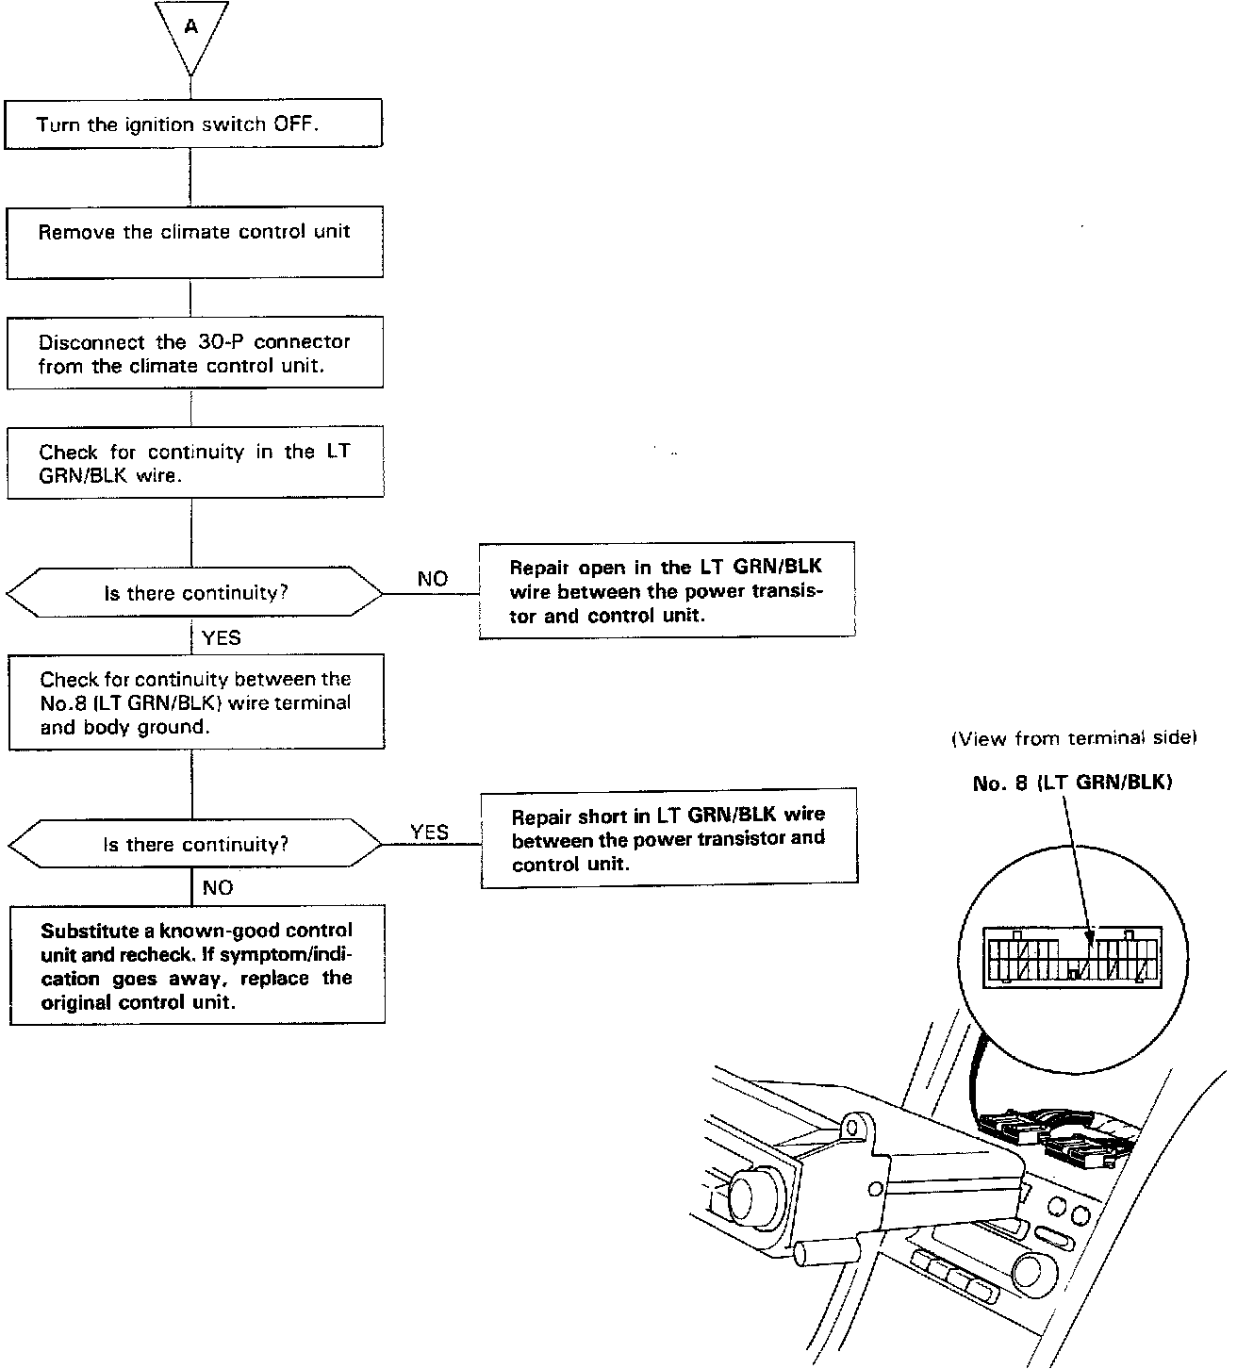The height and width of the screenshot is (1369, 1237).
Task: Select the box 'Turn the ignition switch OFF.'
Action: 193,124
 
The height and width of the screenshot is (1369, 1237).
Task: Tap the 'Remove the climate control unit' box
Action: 194,242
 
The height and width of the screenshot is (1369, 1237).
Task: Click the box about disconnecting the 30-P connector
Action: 194,355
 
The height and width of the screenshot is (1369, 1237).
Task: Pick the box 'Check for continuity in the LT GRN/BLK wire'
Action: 195,463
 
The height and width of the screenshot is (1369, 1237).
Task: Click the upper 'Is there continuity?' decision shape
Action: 195,593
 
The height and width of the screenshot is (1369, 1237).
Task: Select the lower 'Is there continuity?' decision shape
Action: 195,844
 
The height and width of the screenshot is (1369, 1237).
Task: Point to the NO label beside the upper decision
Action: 432,579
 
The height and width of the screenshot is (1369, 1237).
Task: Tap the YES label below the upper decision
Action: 222,638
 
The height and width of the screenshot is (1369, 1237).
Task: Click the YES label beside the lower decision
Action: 429,832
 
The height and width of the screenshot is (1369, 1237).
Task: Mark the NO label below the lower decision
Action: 218,888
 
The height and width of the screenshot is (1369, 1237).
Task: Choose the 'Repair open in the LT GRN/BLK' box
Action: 667,591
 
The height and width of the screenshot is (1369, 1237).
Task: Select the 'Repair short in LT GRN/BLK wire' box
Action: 669,838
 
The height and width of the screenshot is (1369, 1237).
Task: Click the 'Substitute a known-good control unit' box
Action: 197,965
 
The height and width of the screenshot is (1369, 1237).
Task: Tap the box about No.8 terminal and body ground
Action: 196,702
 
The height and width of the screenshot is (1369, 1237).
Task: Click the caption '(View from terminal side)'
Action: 1073,738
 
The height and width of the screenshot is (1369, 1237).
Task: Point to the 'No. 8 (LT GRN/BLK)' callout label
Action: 1072,783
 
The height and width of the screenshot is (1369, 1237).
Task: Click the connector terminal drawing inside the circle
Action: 1072,957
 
